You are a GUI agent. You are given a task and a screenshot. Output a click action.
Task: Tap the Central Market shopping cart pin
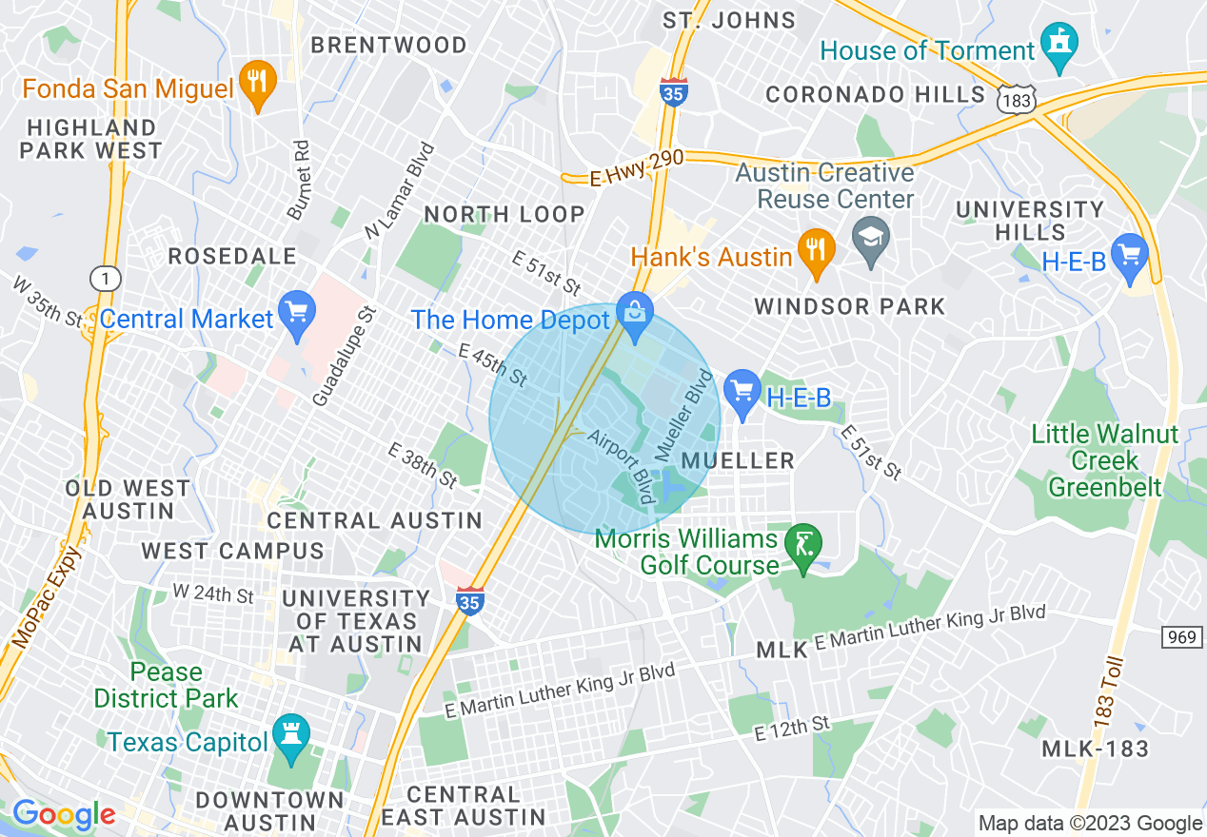point(296,315)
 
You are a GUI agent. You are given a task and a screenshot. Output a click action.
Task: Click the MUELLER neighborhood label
point(739,461)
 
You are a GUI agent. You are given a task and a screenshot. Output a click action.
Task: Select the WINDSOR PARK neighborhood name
point(849,306)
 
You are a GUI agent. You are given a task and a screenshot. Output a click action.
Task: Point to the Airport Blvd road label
point(622,467)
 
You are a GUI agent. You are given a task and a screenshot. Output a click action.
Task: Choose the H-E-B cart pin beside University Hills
point(1130,258)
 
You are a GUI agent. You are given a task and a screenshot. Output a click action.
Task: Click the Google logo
point(64,815)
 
